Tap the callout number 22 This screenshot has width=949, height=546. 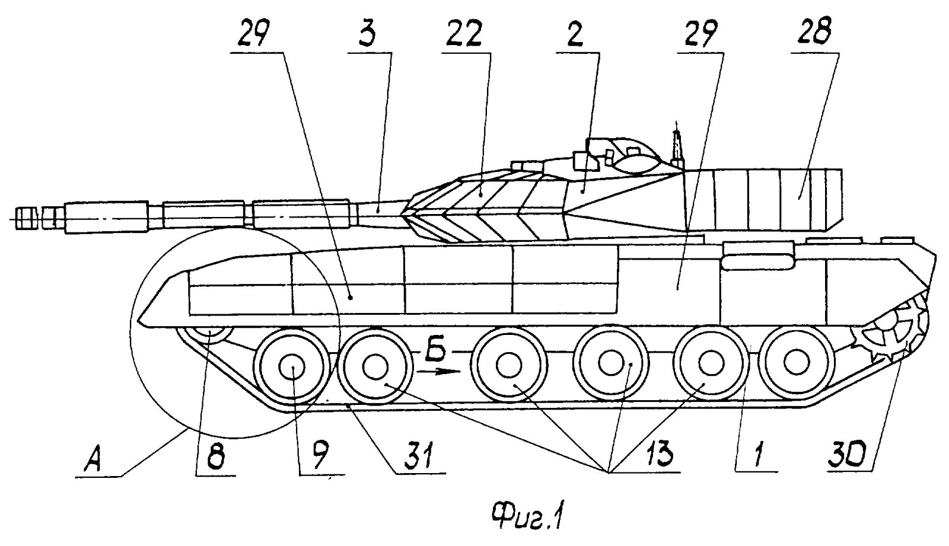(469, 39)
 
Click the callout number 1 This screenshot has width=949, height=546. (756, 457)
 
